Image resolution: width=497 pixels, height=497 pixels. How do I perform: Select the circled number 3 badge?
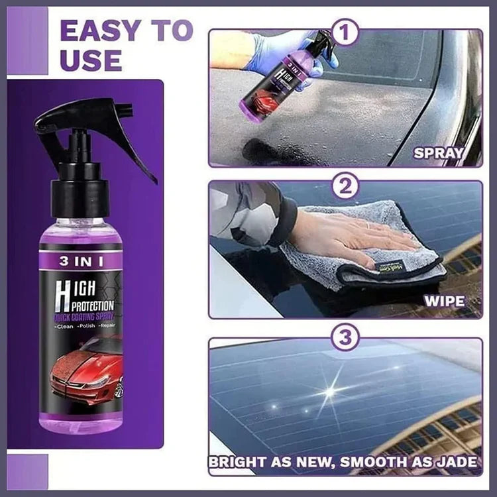click(345, 339)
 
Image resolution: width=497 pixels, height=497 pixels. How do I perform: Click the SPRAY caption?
click(438, 153)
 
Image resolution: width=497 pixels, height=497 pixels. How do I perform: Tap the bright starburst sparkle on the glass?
click(329, 391)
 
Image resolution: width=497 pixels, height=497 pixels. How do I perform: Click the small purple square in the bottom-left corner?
click(27, 471)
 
